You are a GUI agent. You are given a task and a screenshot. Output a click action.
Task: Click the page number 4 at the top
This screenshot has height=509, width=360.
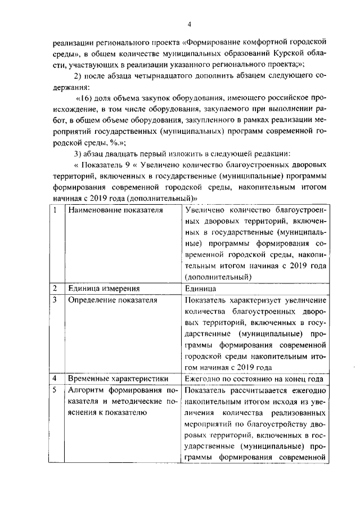(x=190, y=24)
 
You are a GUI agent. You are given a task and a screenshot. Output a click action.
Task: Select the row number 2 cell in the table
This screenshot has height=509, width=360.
(x=55, y=288)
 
